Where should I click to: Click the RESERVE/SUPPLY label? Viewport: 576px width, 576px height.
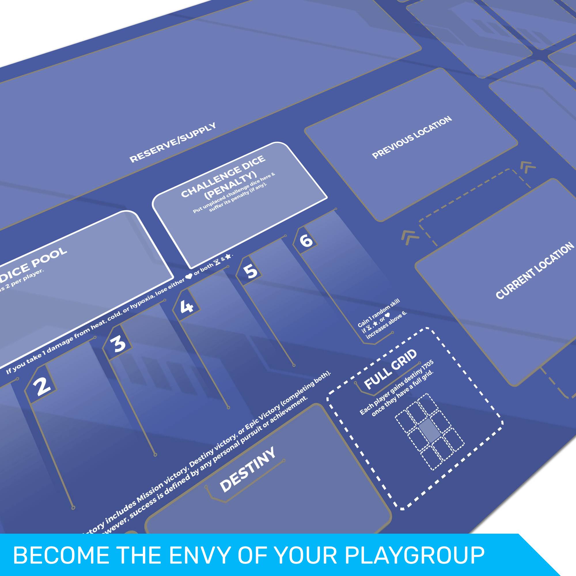click(173, 143)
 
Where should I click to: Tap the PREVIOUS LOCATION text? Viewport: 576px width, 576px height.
click(412, 137)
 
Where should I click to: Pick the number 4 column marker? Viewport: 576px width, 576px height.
click(187, 305)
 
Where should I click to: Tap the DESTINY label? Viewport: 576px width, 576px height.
click(247, 474)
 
